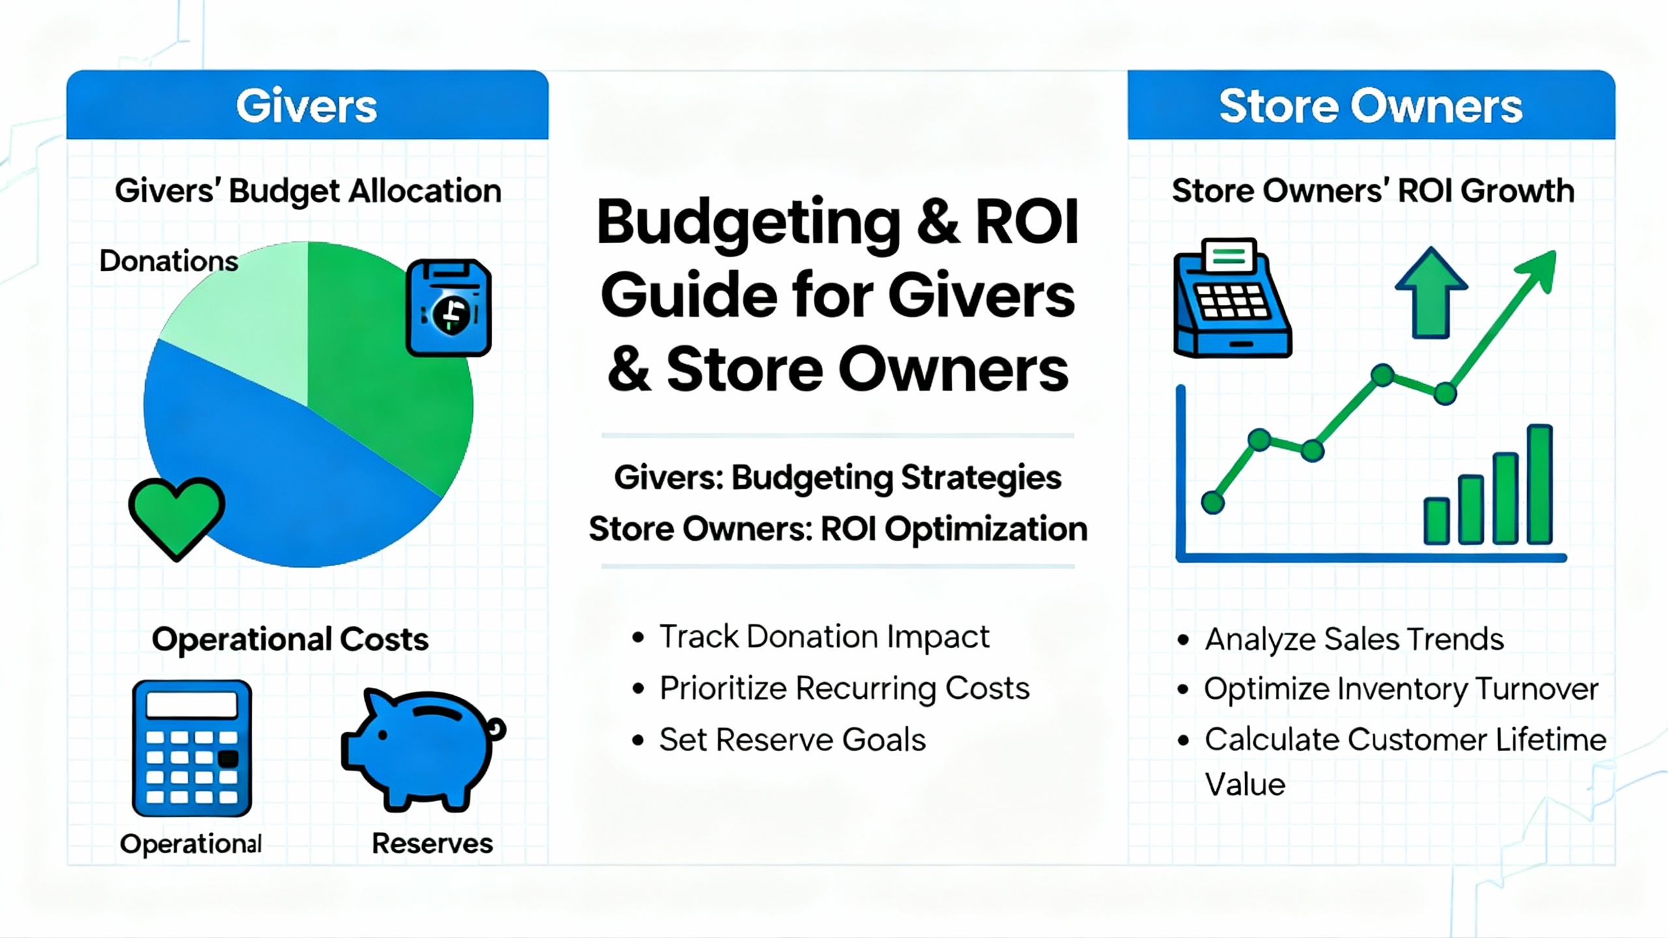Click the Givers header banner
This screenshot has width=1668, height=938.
(x=308, y=105)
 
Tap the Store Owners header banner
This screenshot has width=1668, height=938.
(x=1371, y=105)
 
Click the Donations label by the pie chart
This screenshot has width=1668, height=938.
(x=169, y=261)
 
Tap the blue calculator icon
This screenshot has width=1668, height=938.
(x=192, y=748)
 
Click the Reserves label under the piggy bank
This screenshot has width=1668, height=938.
(x=432, y=844)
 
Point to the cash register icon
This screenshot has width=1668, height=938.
(x=1231, y=298)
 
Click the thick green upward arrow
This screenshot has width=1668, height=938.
(x=1431, y=292)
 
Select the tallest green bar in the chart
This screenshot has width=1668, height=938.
(x=1540, y=484)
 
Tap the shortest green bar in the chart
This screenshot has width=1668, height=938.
(x=1437, y=520)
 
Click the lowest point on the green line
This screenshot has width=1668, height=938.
(x=1213, y=502)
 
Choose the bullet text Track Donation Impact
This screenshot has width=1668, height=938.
(x=824, y=636)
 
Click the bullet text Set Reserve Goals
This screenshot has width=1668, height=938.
(x=792, y=740)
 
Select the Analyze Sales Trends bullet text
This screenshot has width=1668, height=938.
(x=1355, y=639)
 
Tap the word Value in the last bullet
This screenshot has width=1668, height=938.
(x=1245, y=784)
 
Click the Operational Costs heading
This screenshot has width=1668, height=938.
(x=290, y=640)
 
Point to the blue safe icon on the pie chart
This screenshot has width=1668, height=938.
(x=448, y=307)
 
